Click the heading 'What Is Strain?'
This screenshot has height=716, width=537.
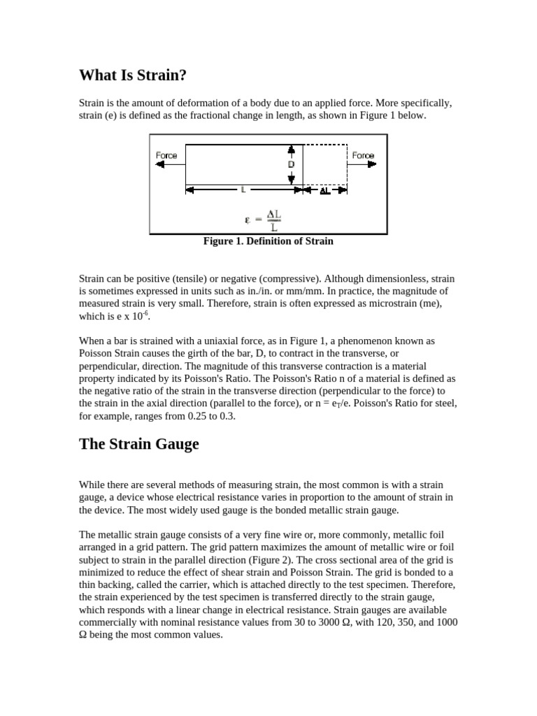click(133, 75)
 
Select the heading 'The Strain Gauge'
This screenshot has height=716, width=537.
click(139, 444)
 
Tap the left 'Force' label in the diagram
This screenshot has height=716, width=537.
click(166, 155)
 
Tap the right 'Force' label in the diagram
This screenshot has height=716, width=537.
click(363, 155)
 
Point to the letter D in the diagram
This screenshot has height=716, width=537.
click(291, 164)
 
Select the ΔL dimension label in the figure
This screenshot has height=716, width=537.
click(324, 190)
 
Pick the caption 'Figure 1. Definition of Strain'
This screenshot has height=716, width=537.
click(268, 241)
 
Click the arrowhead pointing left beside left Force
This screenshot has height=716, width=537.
click(161, 164)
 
